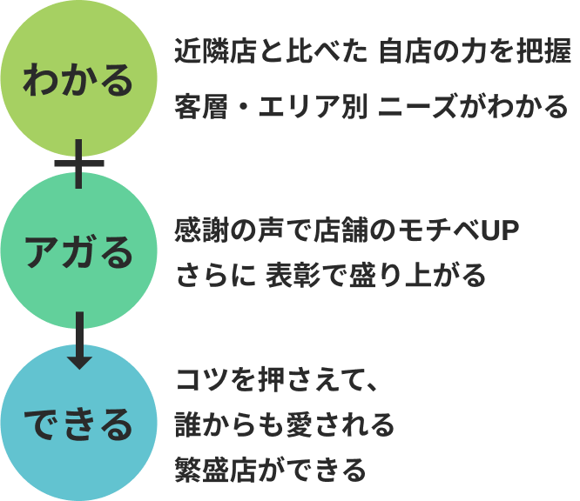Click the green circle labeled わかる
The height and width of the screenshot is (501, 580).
pos(79,80)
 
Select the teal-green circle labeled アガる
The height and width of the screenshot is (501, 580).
pos(79,252)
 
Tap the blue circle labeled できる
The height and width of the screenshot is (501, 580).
pos(79,424)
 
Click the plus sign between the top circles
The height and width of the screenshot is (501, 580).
pos(79,164)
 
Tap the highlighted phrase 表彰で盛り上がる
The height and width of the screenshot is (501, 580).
pos(376,277)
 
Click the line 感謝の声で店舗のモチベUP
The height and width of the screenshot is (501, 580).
pos(347,230)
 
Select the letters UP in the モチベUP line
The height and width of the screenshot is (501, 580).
pos(493,230)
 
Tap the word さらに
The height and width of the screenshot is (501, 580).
pos(214,277)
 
